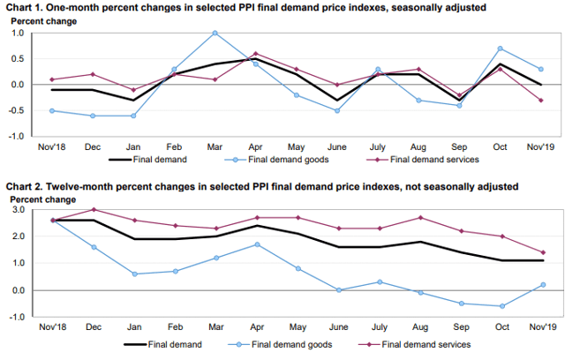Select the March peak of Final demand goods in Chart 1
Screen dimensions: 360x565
[215, 33]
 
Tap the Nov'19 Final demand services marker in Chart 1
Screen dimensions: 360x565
[540, 100]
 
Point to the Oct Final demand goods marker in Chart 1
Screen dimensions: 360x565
[501, 49]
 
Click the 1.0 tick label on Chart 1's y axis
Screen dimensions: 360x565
[18, 34]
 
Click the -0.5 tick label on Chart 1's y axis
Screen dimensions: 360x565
[16, 111]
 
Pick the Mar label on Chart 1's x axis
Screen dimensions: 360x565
[215, 147]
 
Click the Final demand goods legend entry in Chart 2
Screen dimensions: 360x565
[285, 344]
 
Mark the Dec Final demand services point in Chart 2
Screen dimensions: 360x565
[92, 210]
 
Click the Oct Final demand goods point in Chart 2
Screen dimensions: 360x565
[501, 306]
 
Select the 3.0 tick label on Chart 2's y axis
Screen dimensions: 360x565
[18, 211]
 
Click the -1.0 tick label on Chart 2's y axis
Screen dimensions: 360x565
[16, 316]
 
